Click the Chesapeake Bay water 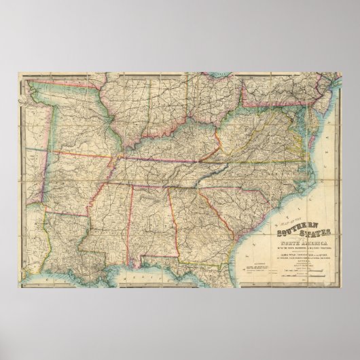(x=304, y=136)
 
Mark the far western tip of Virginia (x=196, y=153)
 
